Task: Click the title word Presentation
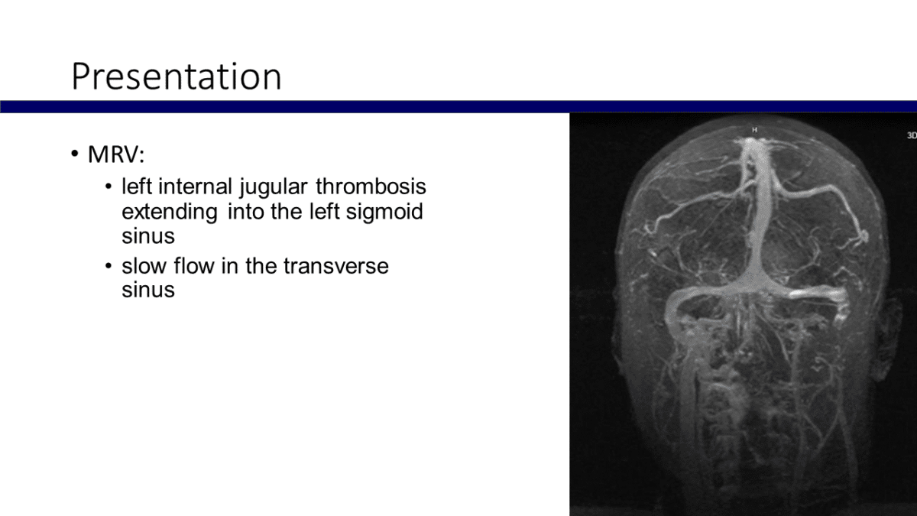(177, 76)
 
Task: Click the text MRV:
(116, 154)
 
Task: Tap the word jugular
(274, 188)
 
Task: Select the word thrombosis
(371, 187)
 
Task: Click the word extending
(170, 213)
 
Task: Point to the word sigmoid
(384, 213)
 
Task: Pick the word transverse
(336, 266)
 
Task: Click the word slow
(144, 266)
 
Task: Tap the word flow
(194, 266)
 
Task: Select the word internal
(196, 187)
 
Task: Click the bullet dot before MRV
(75, 154)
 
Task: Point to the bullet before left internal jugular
(109, 187)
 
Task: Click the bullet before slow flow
(109, 266)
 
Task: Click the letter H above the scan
(754, 130)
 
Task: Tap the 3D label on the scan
(912, 135)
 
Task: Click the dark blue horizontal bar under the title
(458, 106)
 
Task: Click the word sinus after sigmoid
(148, 236)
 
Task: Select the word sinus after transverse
(148, 290)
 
